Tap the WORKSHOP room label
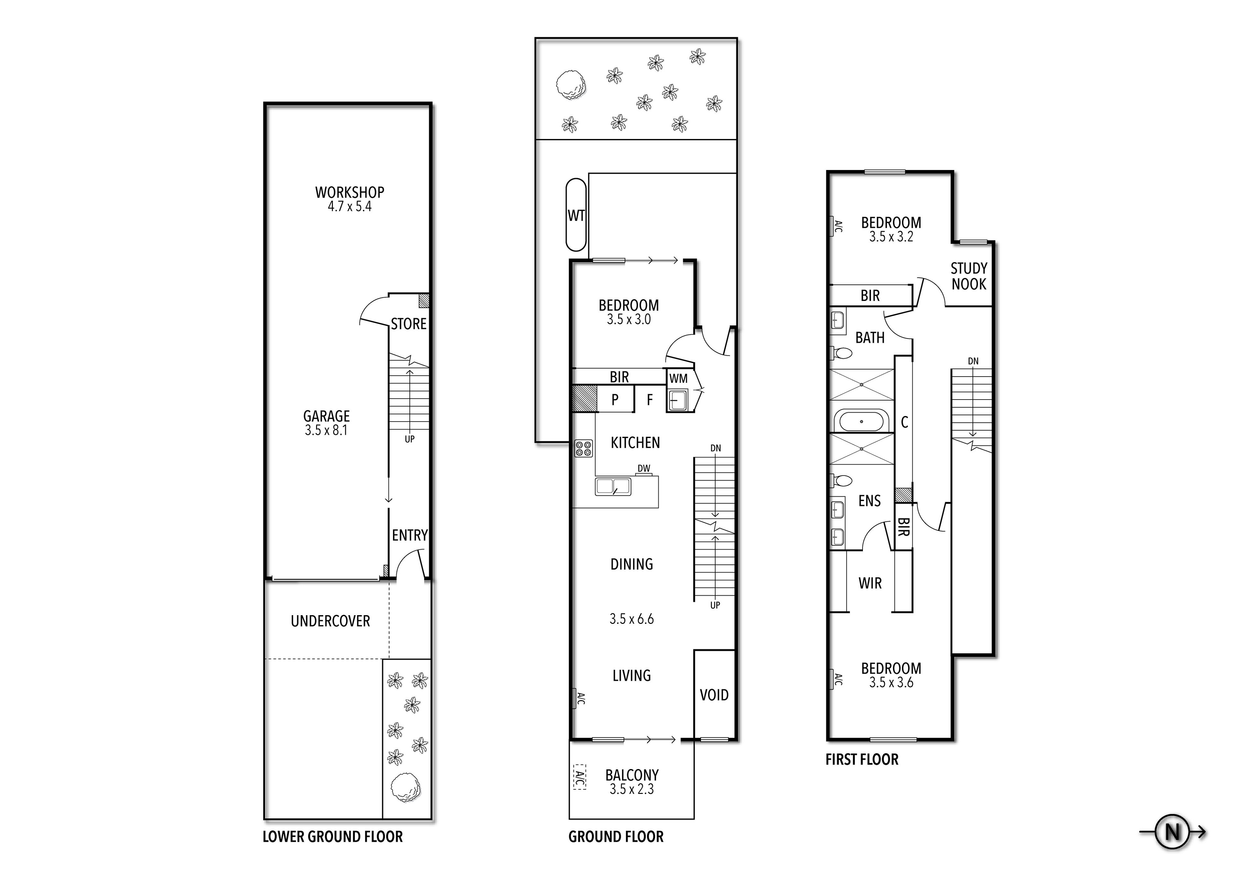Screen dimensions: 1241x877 click(350, 192)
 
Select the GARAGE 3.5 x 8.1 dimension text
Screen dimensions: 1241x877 click(326, 430)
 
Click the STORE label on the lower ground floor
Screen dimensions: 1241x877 click(408, 324)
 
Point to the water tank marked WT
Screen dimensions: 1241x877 click(576, 215)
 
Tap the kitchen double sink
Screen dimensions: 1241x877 click(613, 487)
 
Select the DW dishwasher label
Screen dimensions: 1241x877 click(644, 468)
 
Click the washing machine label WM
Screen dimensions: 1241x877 click(678, 379)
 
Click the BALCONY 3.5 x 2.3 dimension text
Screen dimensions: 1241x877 click(632, 789)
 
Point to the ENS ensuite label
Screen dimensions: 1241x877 click(870, 501)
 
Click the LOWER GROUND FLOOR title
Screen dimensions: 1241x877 click(333, 837)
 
